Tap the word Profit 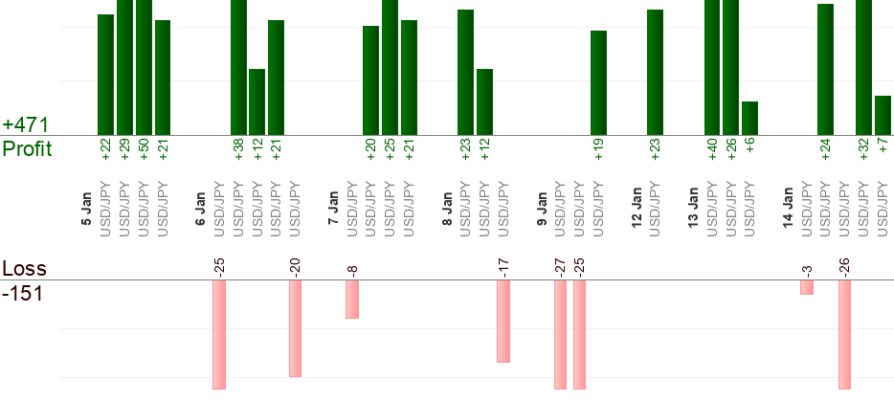(27, 148)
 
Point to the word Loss (25, 268)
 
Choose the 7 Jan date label (333, 210)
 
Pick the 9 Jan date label (542, 210)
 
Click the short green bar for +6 (749, 118)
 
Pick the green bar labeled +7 (883, 115)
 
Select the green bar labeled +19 (598, 82)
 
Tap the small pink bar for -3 (807, 287)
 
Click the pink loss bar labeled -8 (352, 299)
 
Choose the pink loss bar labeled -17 (503, 321)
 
